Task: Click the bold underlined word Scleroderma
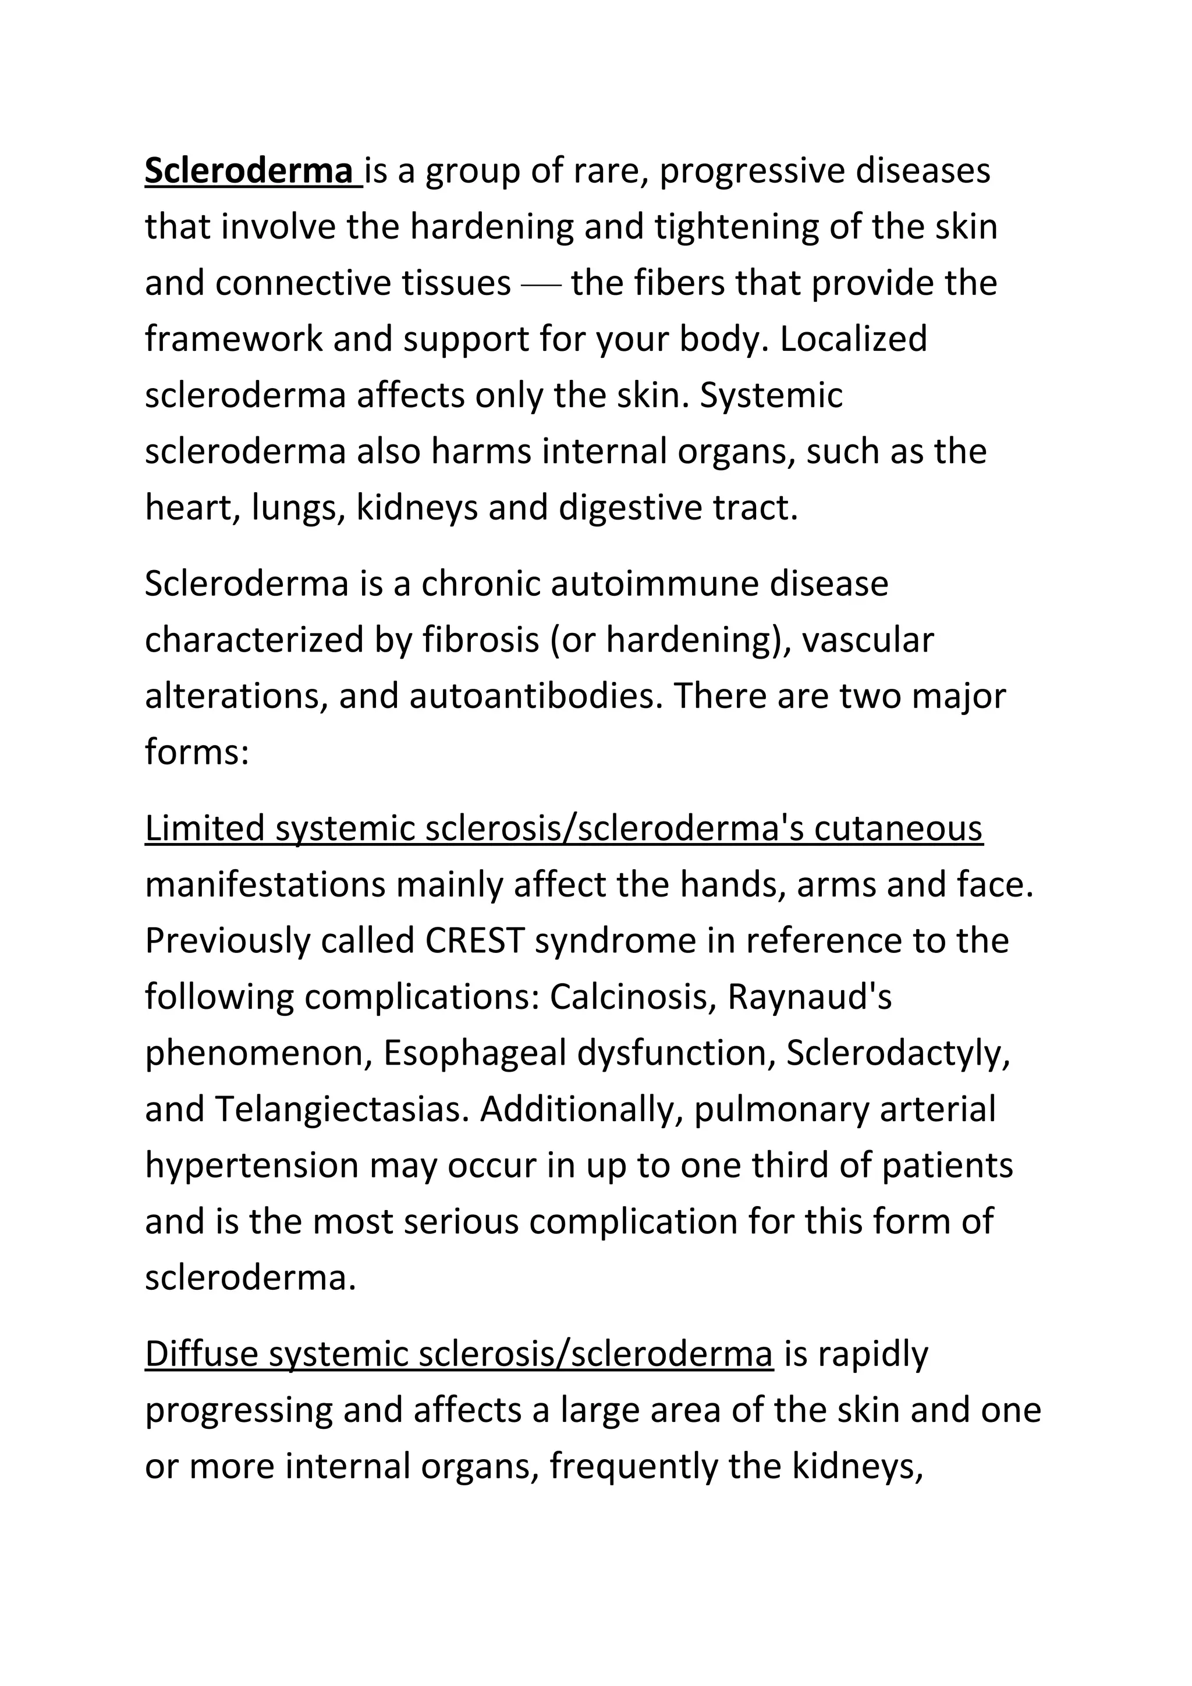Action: (249, 171)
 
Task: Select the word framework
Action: (233, 339)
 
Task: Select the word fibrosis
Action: (481, 641)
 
